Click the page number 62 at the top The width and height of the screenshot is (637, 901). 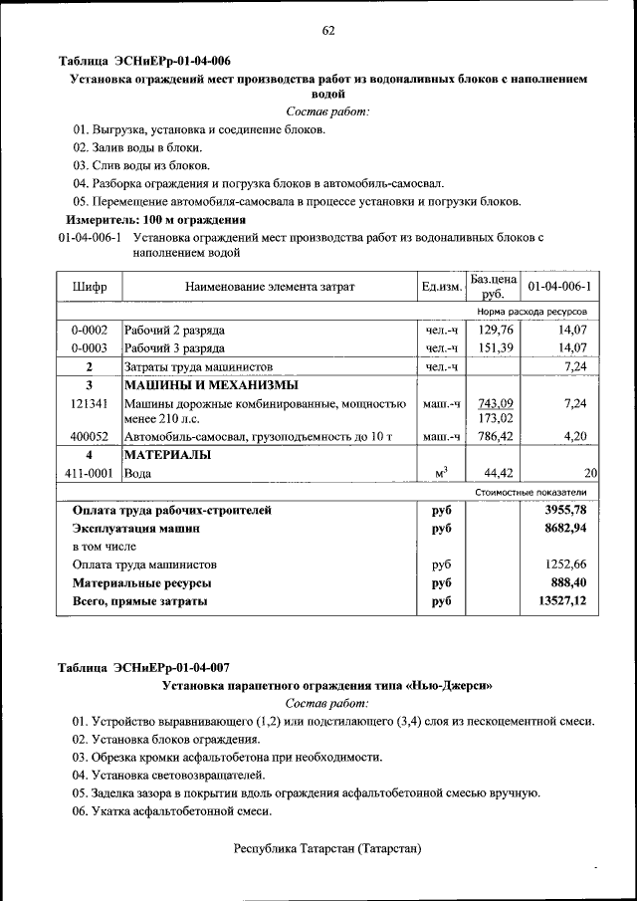327,30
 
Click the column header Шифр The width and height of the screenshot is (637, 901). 90,288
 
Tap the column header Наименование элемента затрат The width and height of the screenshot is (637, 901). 269,288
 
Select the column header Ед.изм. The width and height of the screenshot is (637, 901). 441,288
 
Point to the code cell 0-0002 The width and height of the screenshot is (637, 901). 90,330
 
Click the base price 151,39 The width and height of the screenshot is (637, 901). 495,348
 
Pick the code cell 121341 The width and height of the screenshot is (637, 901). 90,404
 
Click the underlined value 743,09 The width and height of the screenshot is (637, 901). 495,403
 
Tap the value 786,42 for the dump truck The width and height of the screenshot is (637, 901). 495,436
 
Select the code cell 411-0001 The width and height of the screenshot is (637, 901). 90,474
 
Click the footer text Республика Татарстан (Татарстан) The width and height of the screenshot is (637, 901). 327,848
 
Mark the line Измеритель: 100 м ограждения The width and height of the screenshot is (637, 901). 155,219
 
